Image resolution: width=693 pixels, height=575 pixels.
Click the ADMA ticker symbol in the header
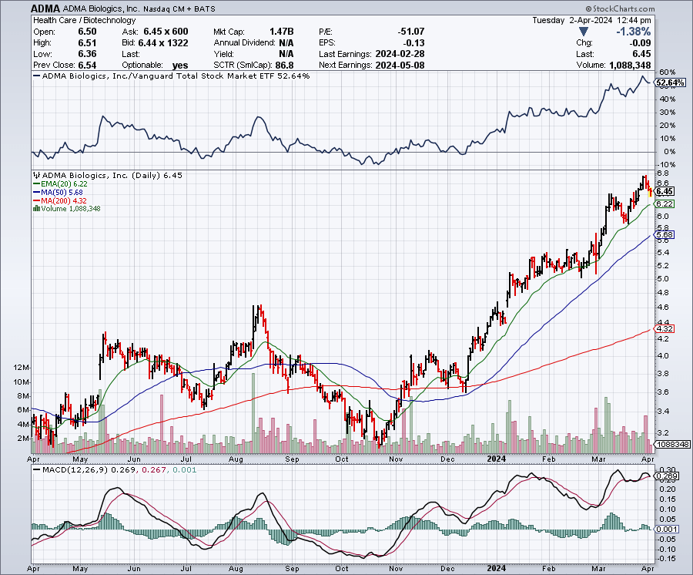click(44, 7)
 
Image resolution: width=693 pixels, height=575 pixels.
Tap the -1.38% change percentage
click(634, 32)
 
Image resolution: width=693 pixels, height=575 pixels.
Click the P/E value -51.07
click(410, 32)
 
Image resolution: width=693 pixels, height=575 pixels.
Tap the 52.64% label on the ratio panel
click(668, 82)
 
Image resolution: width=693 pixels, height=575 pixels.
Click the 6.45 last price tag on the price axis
click(665, 191)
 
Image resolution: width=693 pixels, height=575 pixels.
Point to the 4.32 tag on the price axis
click(664, 329)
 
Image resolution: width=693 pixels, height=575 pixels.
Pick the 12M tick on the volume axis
click(21, 368)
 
